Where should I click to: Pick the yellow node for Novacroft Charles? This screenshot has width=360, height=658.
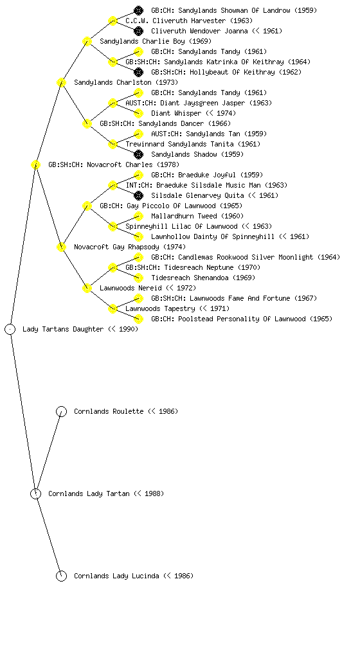click(35, 164)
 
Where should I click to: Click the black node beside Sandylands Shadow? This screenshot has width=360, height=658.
click(138, 154)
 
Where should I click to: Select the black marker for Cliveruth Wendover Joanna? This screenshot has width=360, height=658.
click(138, 31)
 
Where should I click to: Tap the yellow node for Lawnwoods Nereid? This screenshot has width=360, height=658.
click(87, 288)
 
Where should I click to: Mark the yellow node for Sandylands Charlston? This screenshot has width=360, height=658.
click(61, 82)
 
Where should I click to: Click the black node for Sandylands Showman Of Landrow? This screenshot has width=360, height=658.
click(138, 10)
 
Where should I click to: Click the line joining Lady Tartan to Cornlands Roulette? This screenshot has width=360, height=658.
click(49, 452)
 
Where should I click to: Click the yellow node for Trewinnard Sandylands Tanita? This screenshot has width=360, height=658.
click(113, 144)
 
